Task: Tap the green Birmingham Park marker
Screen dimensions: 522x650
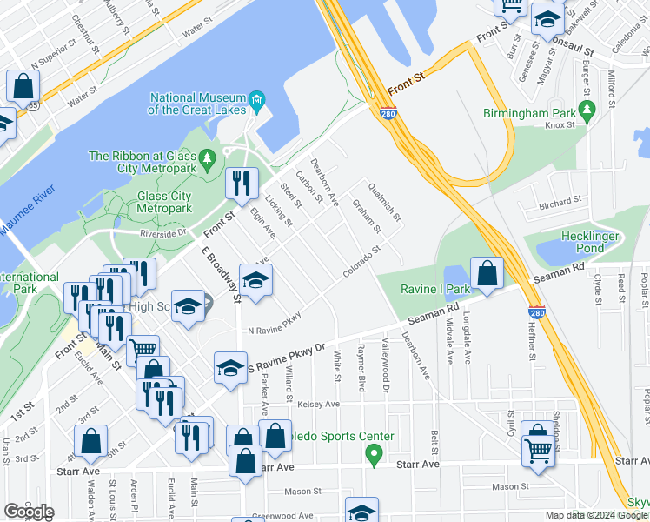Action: click(587, 110)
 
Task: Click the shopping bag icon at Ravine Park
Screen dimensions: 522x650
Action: click(487, 272)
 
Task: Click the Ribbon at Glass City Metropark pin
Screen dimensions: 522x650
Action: click(207, 158)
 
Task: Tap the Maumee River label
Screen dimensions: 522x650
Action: click(26, 205)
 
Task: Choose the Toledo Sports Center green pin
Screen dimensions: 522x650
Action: click(374, 453)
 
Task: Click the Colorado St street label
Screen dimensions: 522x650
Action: click(361, 262)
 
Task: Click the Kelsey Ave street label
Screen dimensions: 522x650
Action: click(318, 405)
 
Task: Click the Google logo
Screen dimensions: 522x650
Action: click(29, 511)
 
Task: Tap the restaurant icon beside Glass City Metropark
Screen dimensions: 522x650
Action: click(240, 183)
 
